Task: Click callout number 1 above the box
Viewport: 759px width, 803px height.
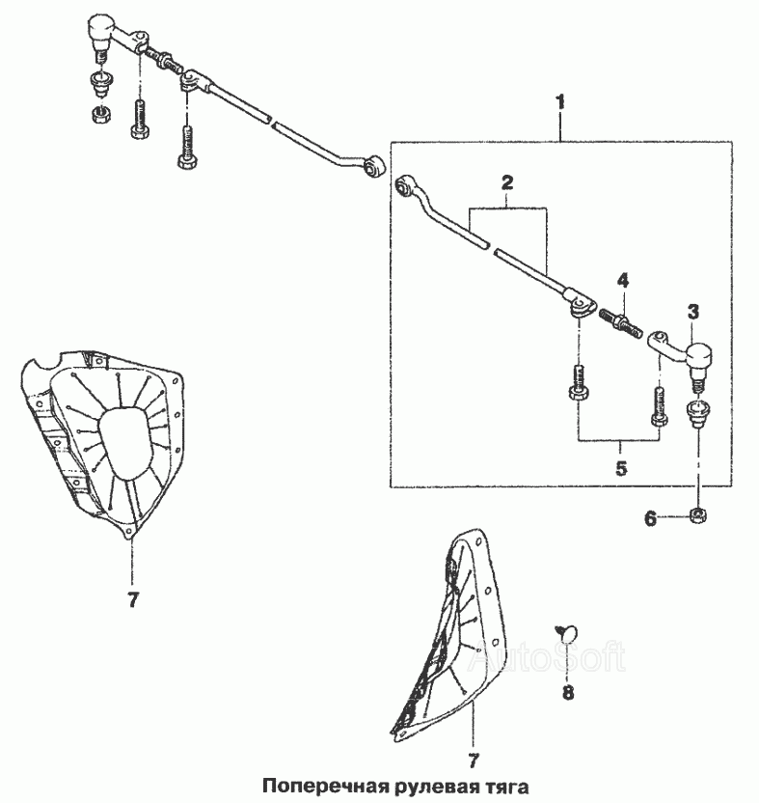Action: click(x=560, y=102)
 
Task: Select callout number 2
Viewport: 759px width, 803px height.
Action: click(x=506, y=182)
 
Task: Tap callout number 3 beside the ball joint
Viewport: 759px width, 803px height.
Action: click(x=692, y=312)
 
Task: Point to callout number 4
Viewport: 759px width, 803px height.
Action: click(x=622, y=281)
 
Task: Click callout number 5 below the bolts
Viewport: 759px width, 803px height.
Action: click(x=621, y=468)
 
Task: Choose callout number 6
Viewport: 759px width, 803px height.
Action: click(x=650, y=519)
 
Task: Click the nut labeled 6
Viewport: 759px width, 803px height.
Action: click(x=697, y=514)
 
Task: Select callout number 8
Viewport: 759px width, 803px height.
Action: click(x=568, y=693)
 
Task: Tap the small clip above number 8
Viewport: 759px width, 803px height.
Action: click(x=566, y=633)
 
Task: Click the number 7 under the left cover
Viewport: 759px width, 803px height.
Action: click(x=133, y=599)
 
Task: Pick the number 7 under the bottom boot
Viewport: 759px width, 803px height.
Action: click(x=473, y=761)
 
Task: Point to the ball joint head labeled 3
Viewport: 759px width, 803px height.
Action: click(x=697, y=355)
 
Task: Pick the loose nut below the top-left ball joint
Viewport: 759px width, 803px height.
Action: click(x=102, y=113)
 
